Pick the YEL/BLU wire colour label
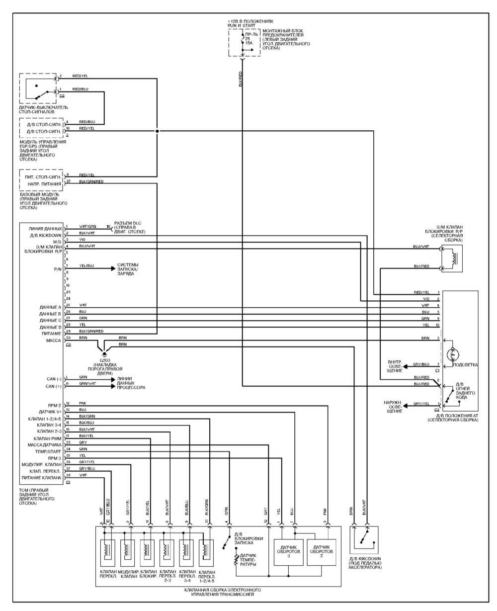point(87,265)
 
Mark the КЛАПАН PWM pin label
point(48,438)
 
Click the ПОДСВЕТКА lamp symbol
point(452,354)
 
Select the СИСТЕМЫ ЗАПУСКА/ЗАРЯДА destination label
point(128,269)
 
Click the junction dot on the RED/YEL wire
point(157,131)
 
